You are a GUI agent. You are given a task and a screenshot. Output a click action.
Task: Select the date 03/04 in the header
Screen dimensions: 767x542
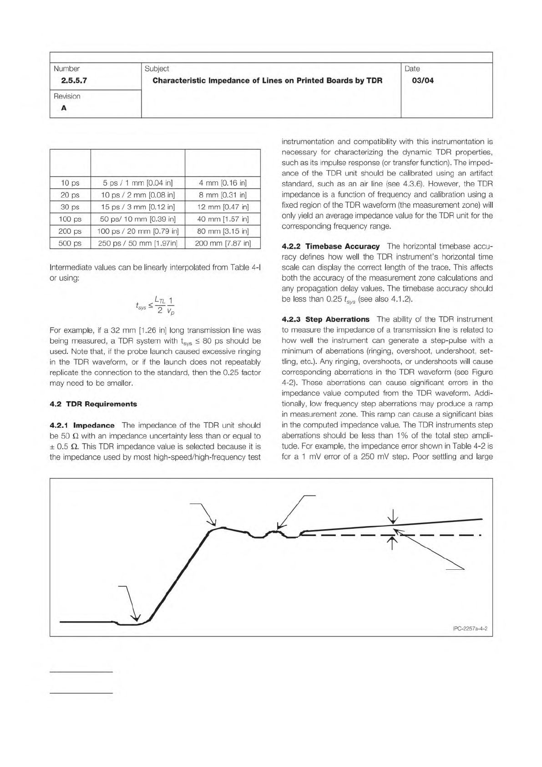422,81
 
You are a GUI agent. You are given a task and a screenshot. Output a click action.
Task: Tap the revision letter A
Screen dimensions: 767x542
64,108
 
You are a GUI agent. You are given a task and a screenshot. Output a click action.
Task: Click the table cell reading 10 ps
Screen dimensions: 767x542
70,183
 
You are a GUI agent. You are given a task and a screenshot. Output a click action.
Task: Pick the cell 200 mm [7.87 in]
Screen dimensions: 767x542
223,243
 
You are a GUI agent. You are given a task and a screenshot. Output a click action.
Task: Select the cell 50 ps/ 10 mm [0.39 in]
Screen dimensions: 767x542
137,219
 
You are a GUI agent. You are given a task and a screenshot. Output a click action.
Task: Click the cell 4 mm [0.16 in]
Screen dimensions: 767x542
223,183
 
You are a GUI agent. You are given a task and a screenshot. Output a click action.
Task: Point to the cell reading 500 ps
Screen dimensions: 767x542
70,243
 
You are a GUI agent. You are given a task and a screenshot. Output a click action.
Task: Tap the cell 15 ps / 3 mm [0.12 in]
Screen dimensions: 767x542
137,207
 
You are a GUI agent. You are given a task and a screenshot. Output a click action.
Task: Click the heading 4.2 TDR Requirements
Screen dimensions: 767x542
93,404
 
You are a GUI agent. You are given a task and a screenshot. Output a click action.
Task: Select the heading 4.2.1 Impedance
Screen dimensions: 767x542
82,425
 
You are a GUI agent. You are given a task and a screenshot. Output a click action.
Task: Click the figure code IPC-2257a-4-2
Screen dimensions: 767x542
470,629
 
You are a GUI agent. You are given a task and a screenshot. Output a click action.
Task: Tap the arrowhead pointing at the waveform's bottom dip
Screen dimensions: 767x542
136,618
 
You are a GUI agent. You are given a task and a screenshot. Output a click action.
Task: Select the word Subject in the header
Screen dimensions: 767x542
157,69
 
